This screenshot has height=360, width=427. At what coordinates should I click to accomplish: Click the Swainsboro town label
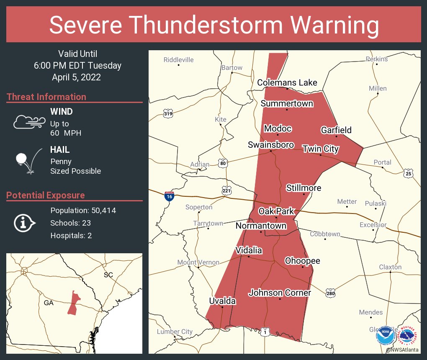270,145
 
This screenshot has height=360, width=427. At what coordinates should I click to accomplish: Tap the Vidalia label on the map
249,250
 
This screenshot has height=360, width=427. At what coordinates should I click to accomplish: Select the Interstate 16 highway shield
169,196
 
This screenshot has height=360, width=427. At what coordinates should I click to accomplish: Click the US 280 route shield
330,292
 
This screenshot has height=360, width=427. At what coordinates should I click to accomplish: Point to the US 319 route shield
168,113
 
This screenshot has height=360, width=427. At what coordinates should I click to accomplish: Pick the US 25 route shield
408,173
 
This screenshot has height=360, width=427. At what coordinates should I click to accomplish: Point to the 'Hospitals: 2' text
71,235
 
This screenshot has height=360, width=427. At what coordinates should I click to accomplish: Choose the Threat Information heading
46,97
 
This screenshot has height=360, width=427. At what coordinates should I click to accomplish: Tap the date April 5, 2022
76,77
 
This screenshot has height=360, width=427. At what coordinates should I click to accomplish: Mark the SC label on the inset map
108,275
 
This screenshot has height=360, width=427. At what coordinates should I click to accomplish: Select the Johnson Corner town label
280,293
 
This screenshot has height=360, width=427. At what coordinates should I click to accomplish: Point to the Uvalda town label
222,301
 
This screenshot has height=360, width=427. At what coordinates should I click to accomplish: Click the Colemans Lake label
287,82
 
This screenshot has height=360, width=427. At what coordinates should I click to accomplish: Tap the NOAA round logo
385,336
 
